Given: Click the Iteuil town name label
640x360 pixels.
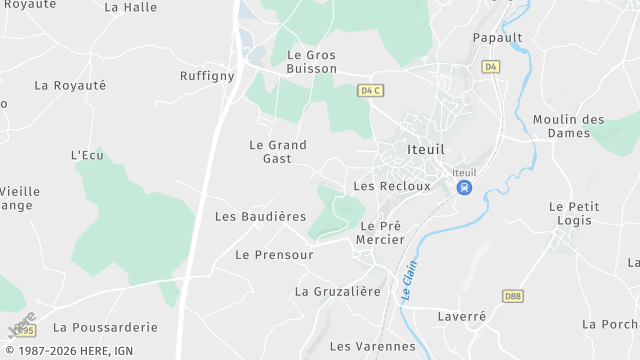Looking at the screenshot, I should [431, 150].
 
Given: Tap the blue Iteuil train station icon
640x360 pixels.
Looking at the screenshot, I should [464, 187].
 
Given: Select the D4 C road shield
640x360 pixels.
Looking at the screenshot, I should [371, 90].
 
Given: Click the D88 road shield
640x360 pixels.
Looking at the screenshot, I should [513, 296].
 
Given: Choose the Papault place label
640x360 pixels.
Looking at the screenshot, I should [498, 38].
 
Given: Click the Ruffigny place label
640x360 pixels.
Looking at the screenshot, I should [207, 76].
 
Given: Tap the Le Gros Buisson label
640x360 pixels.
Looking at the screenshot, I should [311, 63].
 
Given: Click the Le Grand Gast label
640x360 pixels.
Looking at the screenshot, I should [277, 152].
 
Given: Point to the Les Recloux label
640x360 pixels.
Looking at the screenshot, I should [392, 186].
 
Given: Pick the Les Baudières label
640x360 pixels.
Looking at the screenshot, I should [260, 216].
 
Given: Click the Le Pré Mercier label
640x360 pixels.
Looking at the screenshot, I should [381, 233].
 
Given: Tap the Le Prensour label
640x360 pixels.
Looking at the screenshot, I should [274, 255].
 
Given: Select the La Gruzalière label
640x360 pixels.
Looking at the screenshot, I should [338, 292].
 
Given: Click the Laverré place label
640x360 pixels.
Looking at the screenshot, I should [461, 316].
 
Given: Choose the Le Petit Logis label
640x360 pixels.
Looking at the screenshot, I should [574, 214].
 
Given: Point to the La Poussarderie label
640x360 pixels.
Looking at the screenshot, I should [105, 327].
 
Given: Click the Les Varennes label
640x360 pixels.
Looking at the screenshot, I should [372, 346].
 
